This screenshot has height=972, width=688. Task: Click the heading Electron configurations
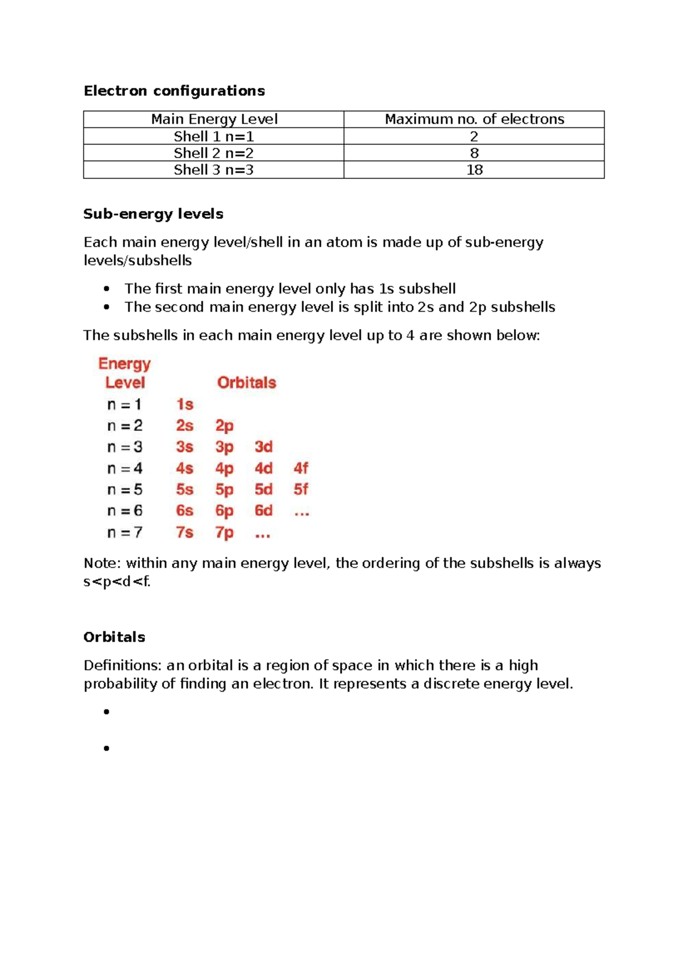pos(174,91)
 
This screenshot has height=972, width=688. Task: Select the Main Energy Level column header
pos(214,119)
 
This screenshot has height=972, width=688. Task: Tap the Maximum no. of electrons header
pos(474,119)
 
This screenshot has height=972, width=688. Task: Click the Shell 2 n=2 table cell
pos(214,153)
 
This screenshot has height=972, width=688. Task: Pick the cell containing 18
pos(474,170)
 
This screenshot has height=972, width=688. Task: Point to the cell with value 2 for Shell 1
pos(474,136)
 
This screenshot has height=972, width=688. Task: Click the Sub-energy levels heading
pos(153,214)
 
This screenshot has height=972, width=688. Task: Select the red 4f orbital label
pos(301,468)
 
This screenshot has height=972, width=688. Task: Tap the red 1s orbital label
pos(185,405)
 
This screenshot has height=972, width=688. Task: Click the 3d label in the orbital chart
pos(263,447)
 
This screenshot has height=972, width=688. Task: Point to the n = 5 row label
pos(124,490)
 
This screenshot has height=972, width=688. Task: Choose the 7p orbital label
pos(224,533)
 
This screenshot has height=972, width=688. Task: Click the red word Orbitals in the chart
pos(247,383)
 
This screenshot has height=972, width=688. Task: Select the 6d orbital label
pos(263,511)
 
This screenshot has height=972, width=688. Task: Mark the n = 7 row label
pos(124,533)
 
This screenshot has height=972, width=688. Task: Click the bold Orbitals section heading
pos(114,637)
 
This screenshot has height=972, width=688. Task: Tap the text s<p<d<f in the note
pos(117,582)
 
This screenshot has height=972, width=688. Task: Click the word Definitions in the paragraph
pos(122,665)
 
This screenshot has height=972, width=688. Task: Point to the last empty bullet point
pos(107,748)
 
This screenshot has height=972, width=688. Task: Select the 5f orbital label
pos(301,489)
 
